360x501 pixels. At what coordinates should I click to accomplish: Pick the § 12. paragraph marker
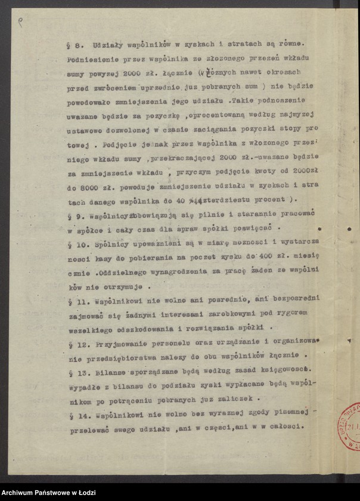pyautogui.click(x=76, y=344)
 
